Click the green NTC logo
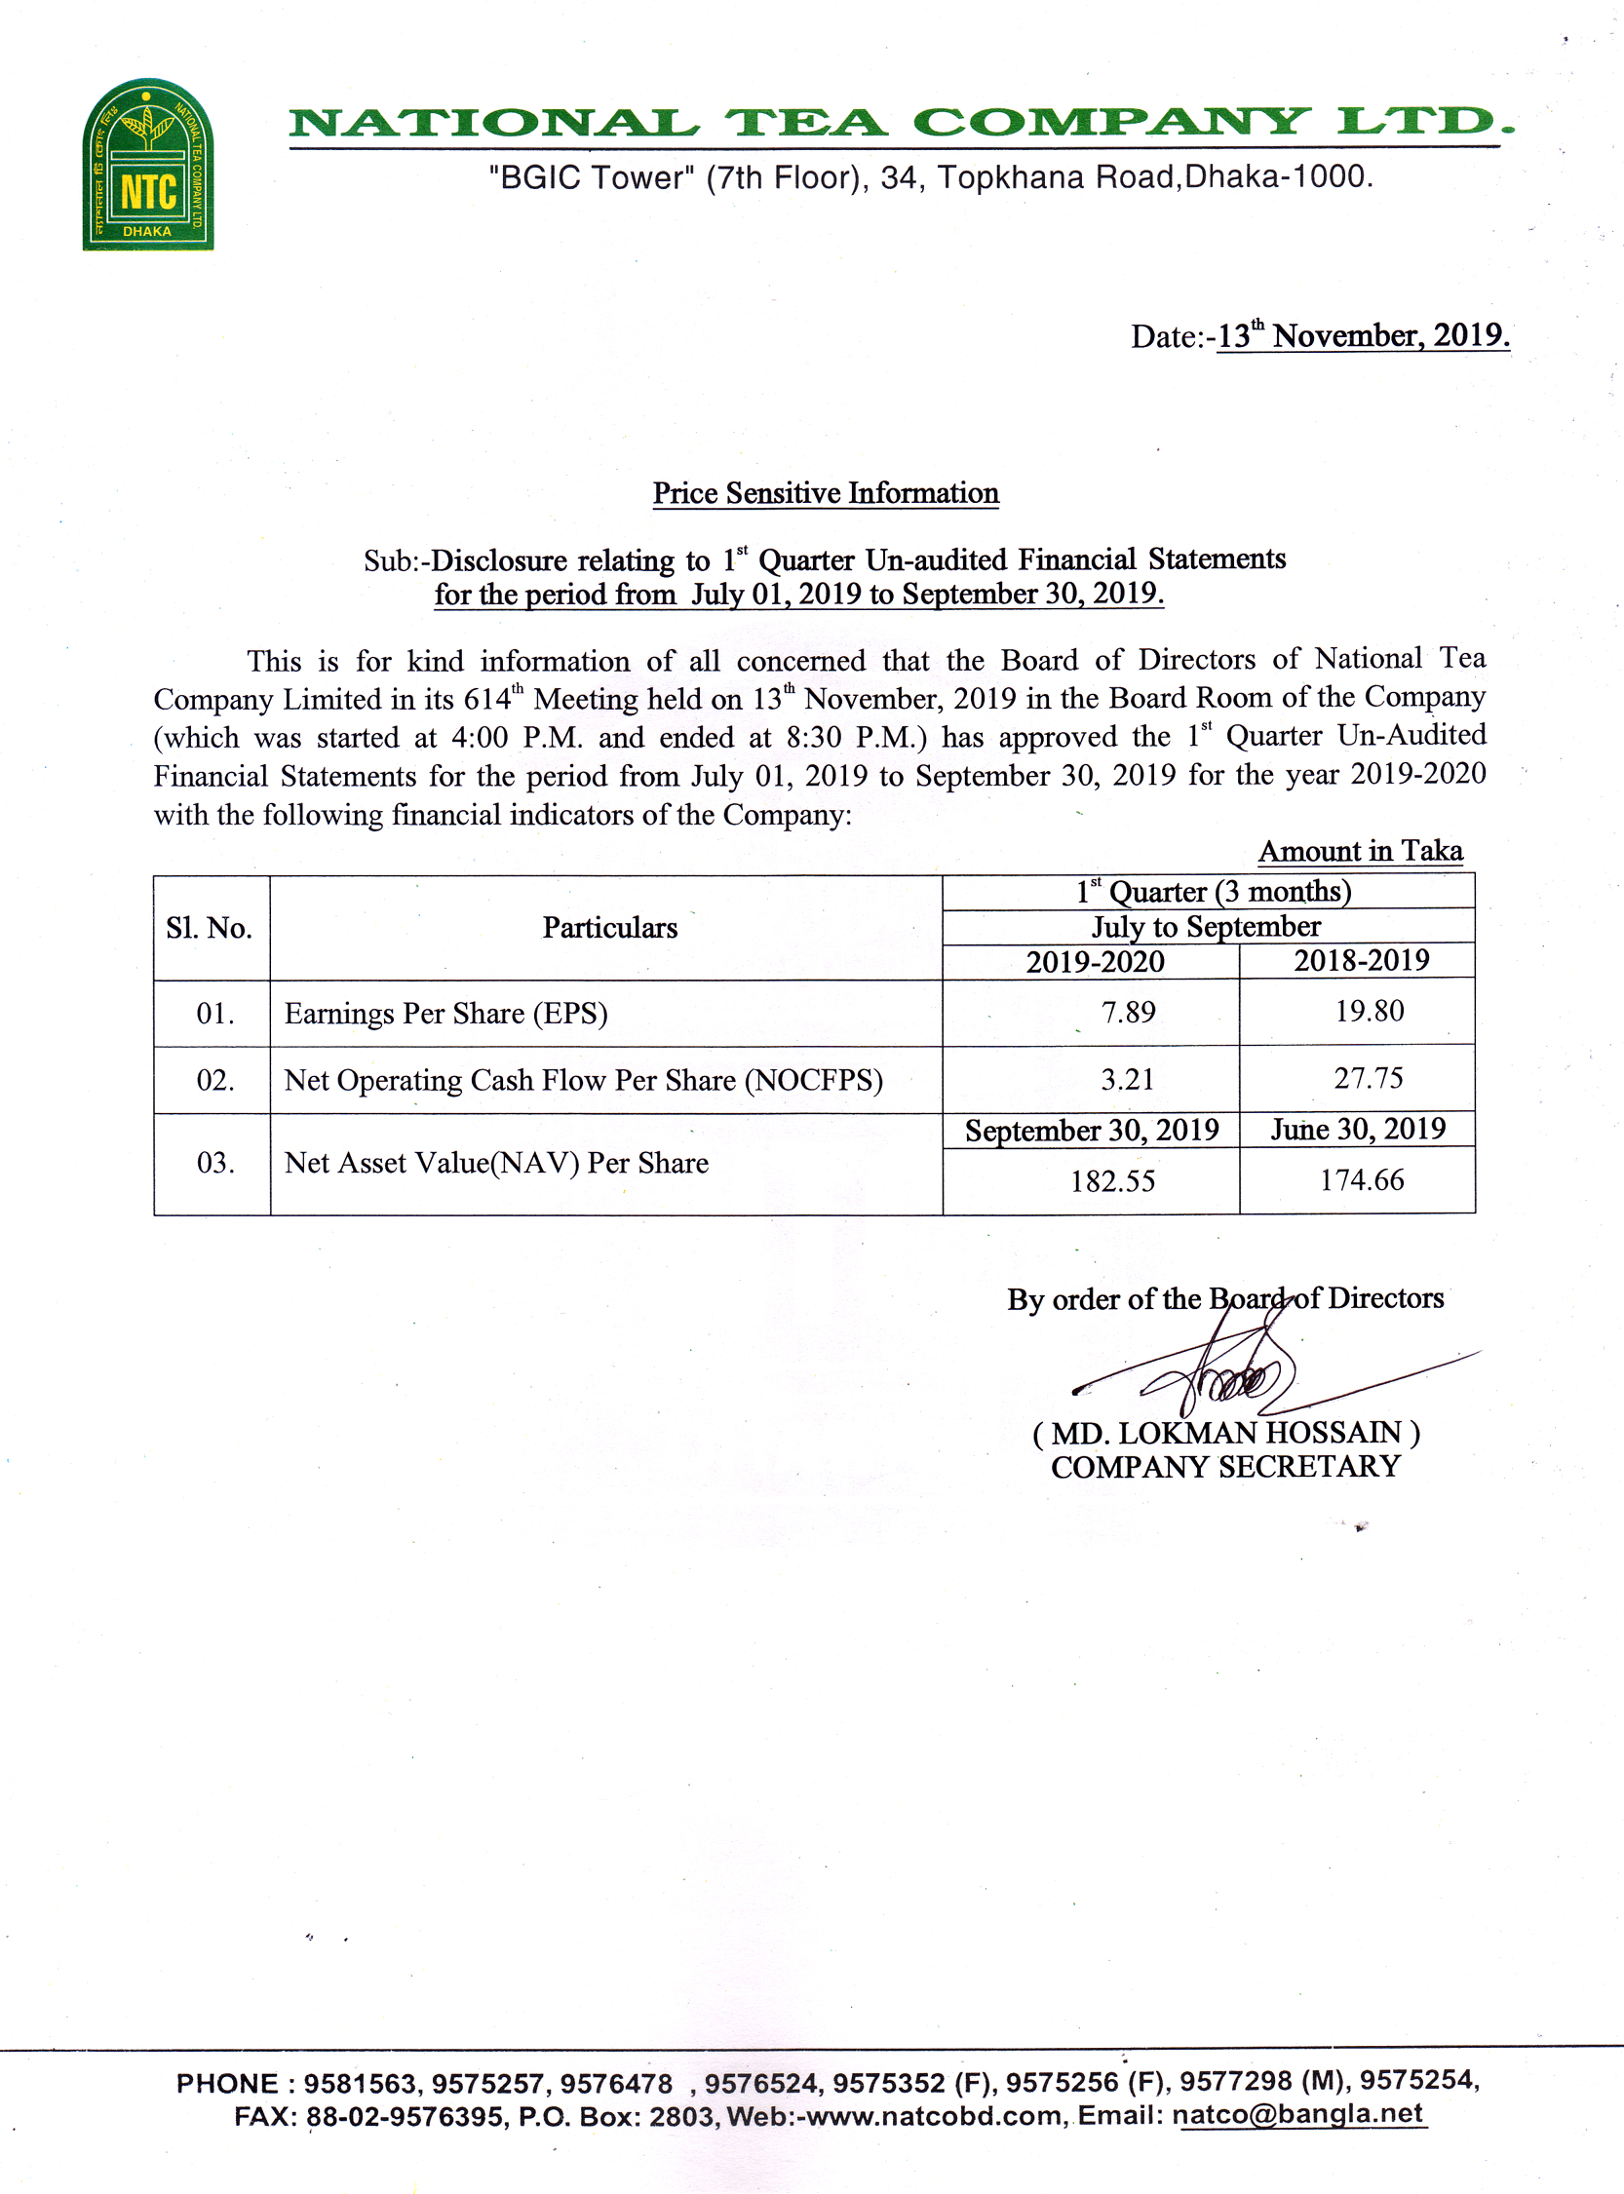click(x=147, y=164)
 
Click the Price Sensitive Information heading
click(x=825, y=492)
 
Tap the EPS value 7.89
click(x=1128, y=1012)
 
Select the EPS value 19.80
click(x=1369, y=1011)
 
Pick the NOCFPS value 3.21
click(x=1127, y=1079)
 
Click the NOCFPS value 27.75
click(x=1368, y=1078)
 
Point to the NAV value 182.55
click(x=1112, y=1180)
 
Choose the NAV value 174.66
click(x=1361, y=1179)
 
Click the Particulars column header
click(x=609, y=928)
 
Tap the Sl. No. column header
click(x=209, y=928)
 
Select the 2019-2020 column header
click(x=1094, y=961)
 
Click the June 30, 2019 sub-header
click(x=1358, y=1129)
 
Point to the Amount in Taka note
click(x=1360, y=851)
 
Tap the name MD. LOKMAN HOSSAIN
click(x=1225, y=1433)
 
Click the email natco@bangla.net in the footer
click(x=1297, y=2113)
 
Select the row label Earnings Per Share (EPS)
click(x=445, y=1014)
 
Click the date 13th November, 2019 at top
click(x=1362, y=336)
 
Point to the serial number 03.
click(x=214, y=1163)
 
